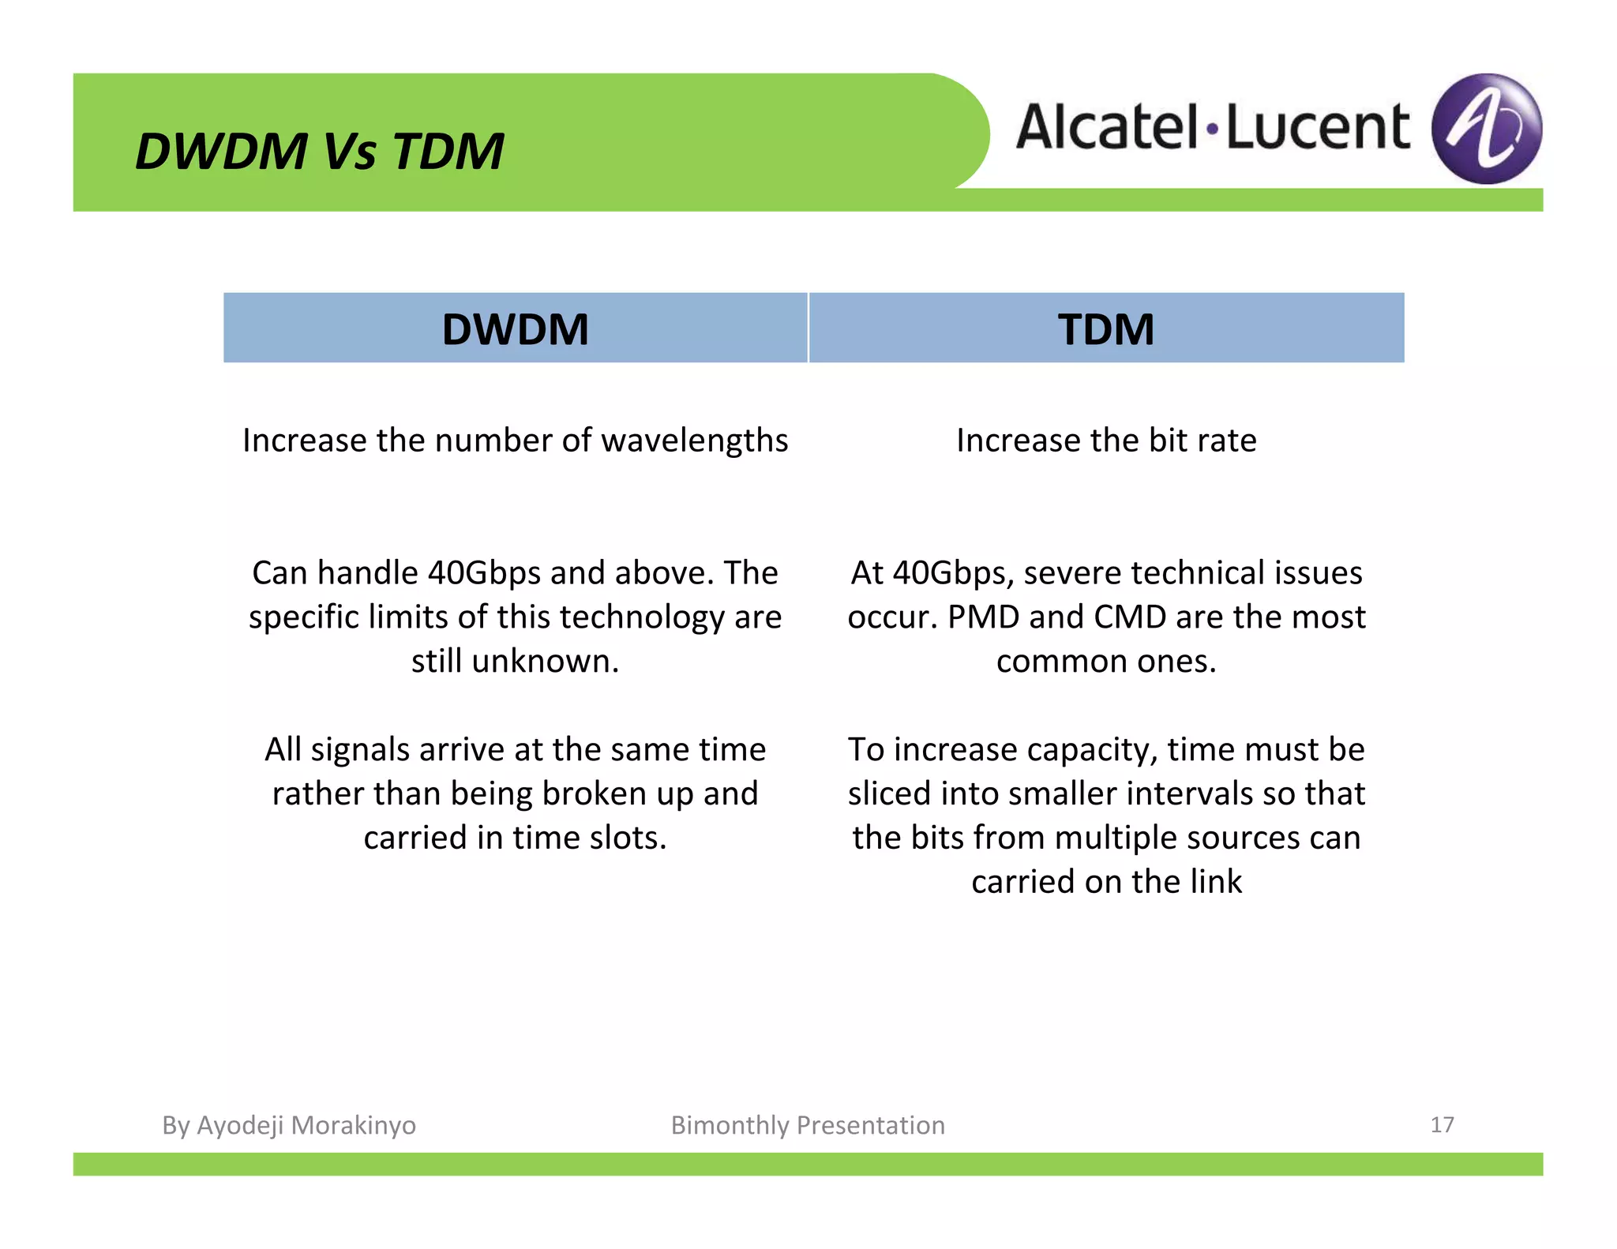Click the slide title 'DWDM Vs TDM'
(319, 150)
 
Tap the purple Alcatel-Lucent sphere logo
(1486, 129)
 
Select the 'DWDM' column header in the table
(515, 329)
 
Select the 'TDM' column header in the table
(1105, 329)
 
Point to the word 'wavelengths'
(695, 441)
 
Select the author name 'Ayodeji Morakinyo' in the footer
(306, 1125)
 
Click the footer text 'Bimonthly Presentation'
(808, 1125)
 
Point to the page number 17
(1442, 1124)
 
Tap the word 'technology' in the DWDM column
(642, 617)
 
